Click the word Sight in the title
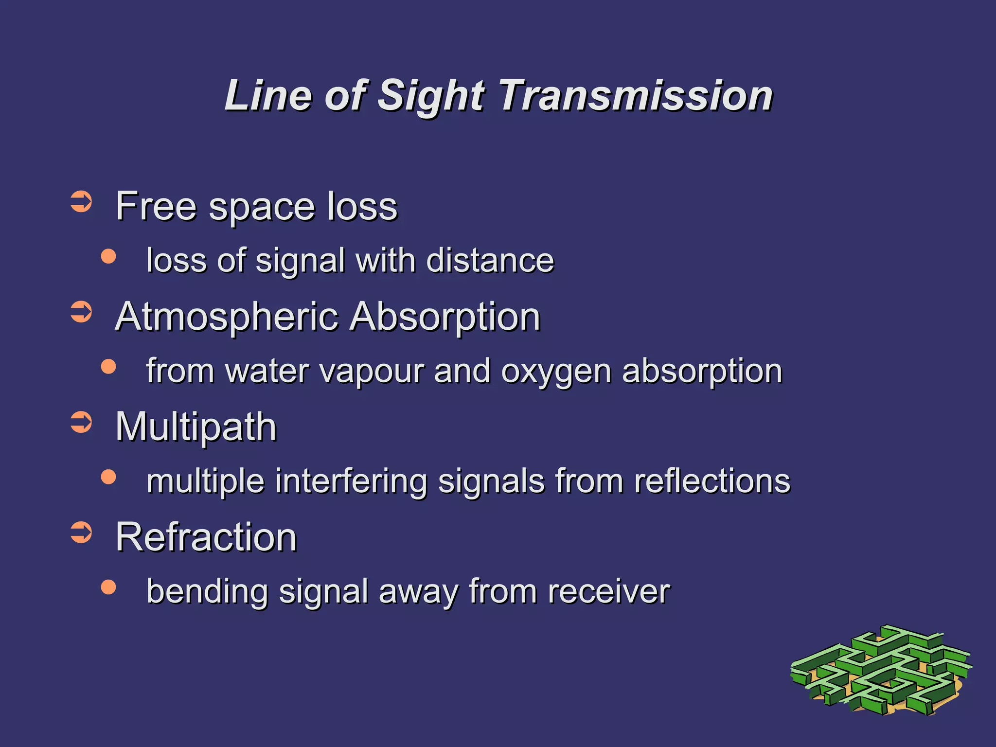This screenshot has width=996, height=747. pyautogui.click(x=431, y=96)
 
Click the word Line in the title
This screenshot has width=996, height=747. pyautogui.click(x=267, y=96)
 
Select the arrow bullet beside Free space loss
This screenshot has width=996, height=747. pyautogui.click(x=81, y=202)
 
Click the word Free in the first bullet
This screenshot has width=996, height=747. pyautogui.click(x=156, y=206)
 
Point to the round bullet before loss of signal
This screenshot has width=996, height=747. pyautogui.click(x=108, y=256)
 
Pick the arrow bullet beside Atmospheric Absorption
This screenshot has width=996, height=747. pyautogui.click(x=81, y=312)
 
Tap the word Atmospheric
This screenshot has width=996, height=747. pyautogui.click(x=227, y=317)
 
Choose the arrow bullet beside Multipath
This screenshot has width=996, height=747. pyautogui.click(x=81, y=422)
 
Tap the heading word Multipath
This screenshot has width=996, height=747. pyautogui.click(x=196, y=427)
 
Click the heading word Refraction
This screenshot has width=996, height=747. pyautogui.click(x=206, y=537)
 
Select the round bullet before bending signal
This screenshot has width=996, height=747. pyautogui.click(x=108, y=587)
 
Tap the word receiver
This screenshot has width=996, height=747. pyautogui.click(x=608, y=592)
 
